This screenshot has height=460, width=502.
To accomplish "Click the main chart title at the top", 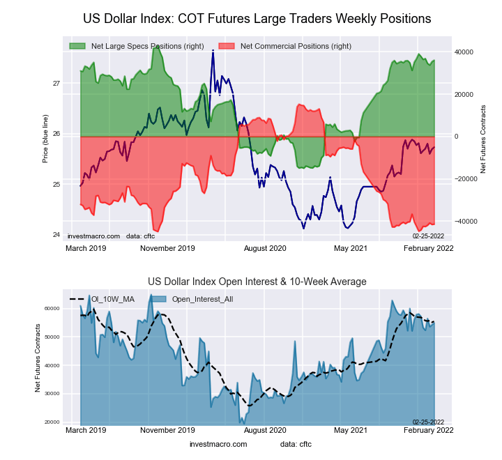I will [x=257, y=18].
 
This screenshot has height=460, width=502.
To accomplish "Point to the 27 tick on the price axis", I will [x=56, y=84].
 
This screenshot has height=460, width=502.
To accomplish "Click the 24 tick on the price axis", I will [x=56, y=235].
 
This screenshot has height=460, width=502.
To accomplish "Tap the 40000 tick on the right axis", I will [x=464, y=52].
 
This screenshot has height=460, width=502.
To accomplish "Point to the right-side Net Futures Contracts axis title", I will [x=483, y=139].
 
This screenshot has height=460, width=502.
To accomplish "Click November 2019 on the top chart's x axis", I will [x=167, y=247].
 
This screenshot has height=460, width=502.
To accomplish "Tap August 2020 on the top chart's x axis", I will [x=266, y=247].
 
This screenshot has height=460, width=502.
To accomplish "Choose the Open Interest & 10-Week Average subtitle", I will [x=257, y=282].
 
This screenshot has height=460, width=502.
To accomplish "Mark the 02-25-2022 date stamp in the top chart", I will [x=429, y=236].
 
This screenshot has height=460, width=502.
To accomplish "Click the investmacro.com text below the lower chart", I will [x=218, y=444].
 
